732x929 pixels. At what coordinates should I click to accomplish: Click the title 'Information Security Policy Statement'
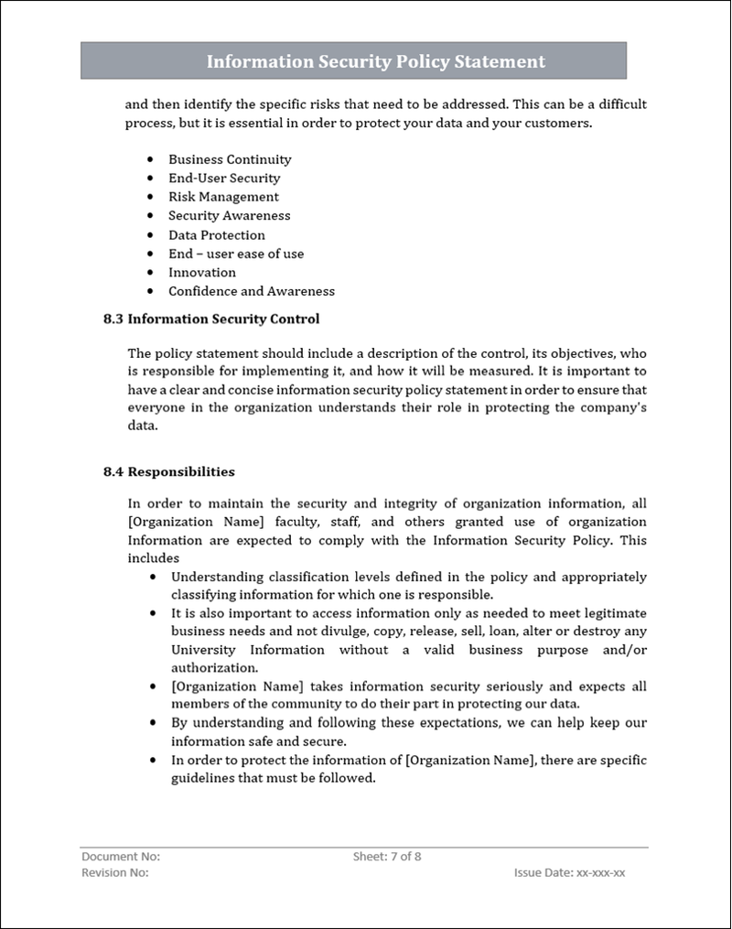coord(375,61)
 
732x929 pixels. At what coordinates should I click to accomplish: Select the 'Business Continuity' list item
coord(230,159)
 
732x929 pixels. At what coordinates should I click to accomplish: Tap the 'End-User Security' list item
coord(224,178)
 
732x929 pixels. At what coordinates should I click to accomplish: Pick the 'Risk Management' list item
coord(223,197)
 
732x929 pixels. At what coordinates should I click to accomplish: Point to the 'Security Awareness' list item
coord(229,216)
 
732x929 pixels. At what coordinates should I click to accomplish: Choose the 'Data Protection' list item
coord(217,235)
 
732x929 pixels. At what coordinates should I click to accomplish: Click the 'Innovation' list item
coord(202,273)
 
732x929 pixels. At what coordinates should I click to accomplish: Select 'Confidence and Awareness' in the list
coord(252,291)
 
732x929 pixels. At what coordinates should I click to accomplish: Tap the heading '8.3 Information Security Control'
coord(211,319)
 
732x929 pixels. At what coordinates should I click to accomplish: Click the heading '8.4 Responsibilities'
coord(169,472)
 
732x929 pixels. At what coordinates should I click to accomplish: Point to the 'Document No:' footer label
coord(121,857)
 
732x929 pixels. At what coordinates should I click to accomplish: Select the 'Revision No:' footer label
coord(115,873)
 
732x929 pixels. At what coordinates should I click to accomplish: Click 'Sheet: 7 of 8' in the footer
coord(387,857)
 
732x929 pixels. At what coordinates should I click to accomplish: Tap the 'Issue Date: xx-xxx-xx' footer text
coord(570,873)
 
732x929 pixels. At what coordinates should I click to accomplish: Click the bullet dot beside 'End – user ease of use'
coord(150,254)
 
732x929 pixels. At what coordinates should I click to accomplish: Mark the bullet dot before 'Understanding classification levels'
coord(151,578)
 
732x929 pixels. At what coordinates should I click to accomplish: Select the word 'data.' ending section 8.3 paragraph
coord(143,427)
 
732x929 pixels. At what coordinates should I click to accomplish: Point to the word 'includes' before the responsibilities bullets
coord(153,557)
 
